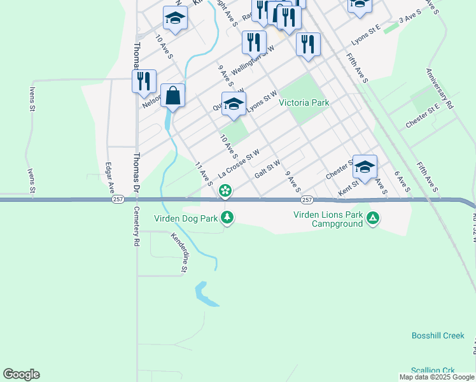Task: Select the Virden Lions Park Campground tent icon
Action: pos(373,218)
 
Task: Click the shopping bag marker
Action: pos(172,97)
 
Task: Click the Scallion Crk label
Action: pos(433,370)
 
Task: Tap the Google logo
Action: pos(21,374)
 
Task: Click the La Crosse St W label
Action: pos(239,164)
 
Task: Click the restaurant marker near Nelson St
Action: pos(144,81)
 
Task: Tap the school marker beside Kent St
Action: pos(365,167)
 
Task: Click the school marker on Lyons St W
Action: pos(234,104)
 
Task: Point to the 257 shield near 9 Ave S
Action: pos(307,200)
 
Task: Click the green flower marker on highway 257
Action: pos(225,190)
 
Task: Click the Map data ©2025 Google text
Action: pos(437,377)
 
